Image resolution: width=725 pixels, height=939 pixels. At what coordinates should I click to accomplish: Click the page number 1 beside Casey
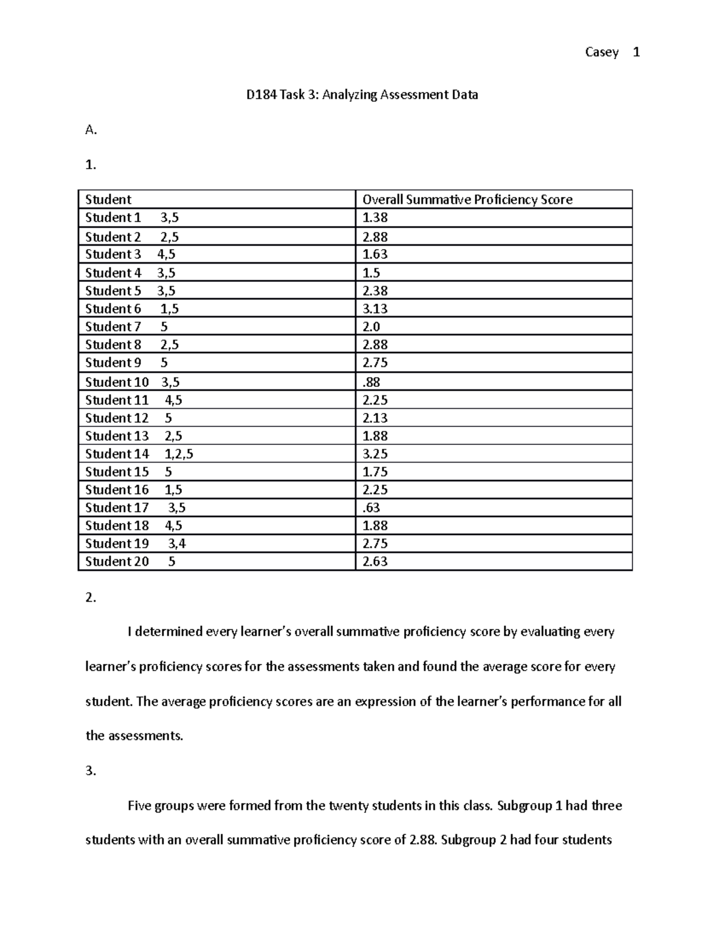pos(636,53)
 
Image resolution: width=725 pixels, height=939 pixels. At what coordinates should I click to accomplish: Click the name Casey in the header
pos(601,53)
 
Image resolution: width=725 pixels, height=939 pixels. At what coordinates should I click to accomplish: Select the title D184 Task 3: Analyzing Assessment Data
pos(361,95)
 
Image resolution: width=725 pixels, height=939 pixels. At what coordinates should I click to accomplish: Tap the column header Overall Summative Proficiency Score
pos(467,200)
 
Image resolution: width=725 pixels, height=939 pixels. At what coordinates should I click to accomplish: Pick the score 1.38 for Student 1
pos(375,218)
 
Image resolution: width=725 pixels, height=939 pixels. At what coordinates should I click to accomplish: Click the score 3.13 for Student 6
pos(375,309)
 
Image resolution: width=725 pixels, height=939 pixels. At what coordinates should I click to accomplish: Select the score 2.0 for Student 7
pos(371,327)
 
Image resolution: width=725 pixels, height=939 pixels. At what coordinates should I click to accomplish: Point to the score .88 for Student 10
pos(371,382)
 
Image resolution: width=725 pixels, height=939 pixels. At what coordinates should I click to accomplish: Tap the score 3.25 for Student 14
pos(375,454)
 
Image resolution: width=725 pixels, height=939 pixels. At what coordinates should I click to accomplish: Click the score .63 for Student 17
pos(371,508)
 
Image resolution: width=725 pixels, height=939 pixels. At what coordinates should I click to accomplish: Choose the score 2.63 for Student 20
pos(375,562)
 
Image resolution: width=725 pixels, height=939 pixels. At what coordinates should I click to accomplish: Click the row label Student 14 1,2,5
pos(139,454)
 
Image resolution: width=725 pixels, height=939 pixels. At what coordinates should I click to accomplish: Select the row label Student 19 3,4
pos(135,544)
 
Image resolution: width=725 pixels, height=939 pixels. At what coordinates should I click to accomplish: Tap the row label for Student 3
pos(130,255)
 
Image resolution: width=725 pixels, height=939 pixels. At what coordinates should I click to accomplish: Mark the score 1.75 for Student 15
pos(375,472)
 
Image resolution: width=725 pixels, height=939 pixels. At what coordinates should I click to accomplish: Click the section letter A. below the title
pos(91,130)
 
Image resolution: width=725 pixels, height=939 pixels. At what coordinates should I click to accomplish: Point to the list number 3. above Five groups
pos(91,771)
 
